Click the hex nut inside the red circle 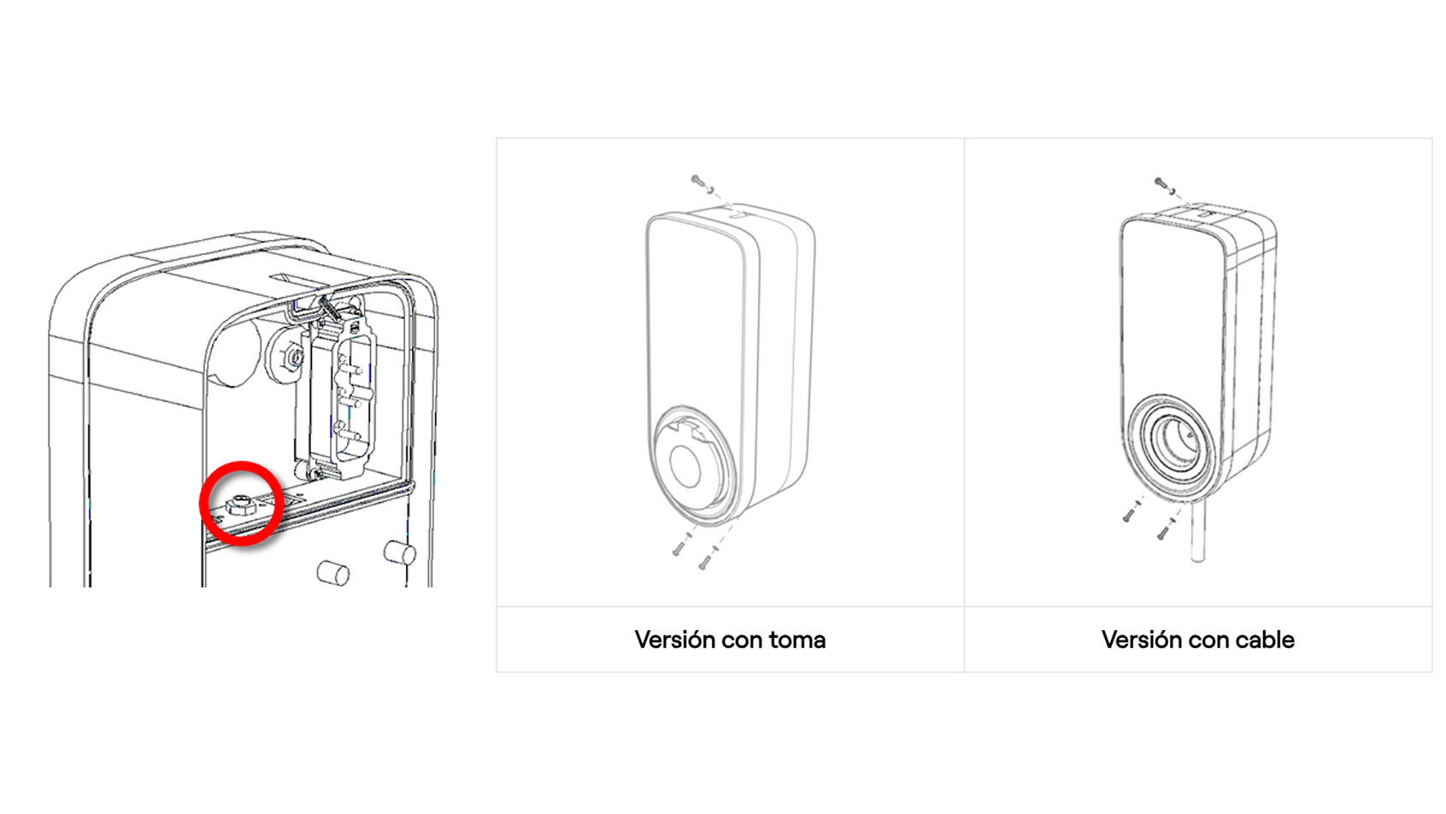click(242, 504)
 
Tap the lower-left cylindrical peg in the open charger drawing click(333, 572)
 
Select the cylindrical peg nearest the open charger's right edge click(400, 552)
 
